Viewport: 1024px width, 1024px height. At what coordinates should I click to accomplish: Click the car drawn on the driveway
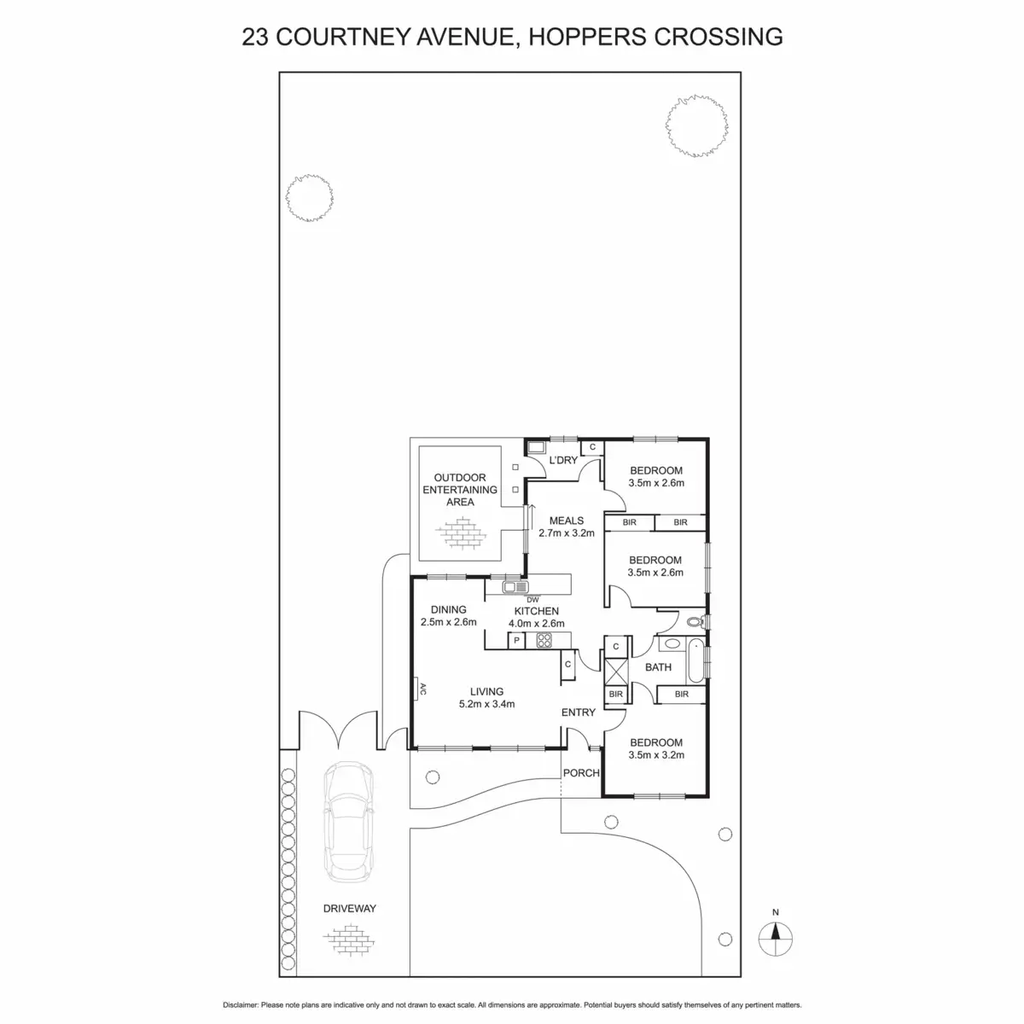(346, 817)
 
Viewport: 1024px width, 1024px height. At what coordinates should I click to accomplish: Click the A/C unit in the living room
(419, 690)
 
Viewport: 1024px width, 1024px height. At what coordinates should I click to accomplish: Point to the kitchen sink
(515, 587)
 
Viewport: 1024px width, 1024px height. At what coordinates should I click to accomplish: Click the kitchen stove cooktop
(544, 642)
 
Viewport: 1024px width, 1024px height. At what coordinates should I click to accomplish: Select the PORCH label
(581, 773)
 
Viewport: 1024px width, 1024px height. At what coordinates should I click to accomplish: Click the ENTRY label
(578, 713)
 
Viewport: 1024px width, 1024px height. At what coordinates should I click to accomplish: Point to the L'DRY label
(563, 460)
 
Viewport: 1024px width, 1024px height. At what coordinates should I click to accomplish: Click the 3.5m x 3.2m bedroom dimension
(655, 754)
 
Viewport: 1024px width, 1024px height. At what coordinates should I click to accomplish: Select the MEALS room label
(566, 521)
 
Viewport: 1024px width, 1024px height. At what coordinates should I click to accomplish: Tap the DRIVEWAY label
(349, 909)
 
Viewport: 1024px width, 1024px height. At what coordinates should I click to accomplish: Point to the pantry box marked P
(516, 640)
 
